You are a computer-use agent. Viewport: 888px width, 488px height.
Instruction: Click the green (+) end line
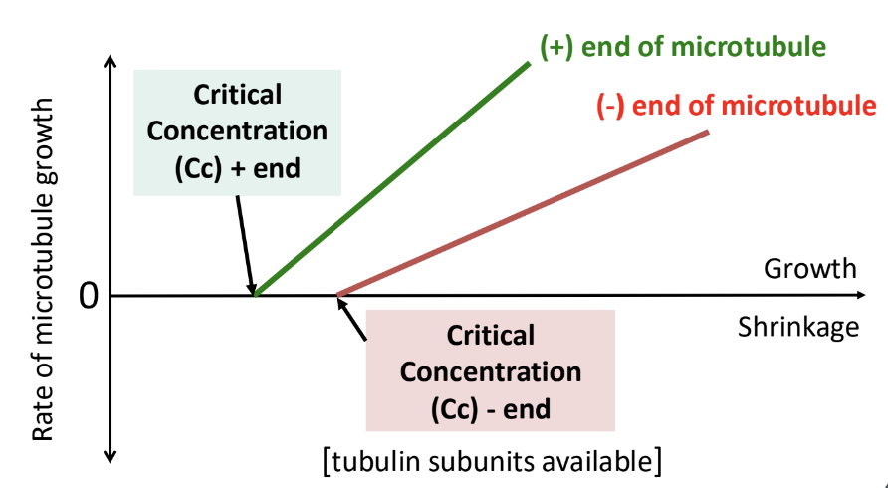(392, 179)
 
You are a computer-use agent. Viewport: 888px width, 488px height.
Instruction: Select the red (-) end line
(523, 214)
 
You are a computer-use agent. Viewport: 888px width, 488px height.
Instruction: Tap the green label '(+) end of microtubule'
(682, 47)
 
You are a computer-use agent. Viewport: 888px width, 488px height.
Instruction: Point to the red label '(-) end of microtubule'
(737, 106)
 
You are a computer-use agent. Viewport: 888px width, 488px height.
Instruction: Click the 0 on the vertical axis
(89, 296)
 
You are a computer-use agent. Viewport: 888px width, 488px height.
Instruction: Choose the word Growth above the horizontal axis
(809, 269)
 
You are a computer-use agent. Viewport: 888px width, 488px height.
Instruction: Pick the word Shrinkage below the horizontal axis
(798, 327)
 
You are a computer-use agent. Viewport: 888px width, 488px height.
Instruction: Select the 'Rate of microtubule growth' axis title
(43, 269)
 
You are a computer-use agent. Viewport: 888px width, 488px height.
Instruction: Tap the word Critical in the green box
(237, 95)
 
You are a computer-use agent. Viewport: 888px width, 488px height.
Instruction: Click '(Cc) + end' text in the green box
(237, 169)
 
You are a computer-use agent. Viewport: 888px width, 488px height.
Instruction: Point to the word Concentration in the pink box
(491, 372)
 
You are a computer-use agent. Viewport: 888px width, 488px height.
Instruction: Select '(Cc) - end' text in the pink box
(491, 409)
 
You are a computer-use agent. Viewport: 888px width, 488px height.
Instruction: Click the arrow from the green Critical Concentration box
(246, 245)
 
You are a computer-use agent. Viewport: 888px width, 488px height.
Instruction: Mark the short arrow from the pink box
(351, 319)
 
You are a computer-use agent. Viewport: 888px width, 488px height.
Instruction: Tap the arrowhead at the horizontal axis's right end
(861, 295)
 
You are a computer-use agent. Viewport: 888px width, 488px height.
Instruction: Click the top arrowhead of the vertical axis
(111, 61)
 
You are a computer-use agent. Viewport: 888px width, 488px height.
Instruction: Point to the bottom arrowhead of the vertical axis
(111, 457)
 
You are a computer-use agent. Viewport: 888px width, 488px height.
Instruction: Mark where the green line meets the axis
(256, 296)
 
